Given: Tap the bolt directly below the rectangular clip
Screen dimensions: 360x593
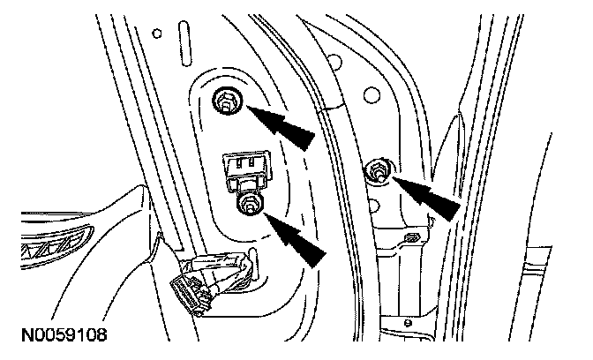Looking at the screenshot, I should pyautogui.click(x=250, y=206).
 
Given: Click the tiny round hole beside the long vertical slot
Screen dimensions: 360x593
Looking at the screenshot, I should pyautogui.click(x=156, y=35).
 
